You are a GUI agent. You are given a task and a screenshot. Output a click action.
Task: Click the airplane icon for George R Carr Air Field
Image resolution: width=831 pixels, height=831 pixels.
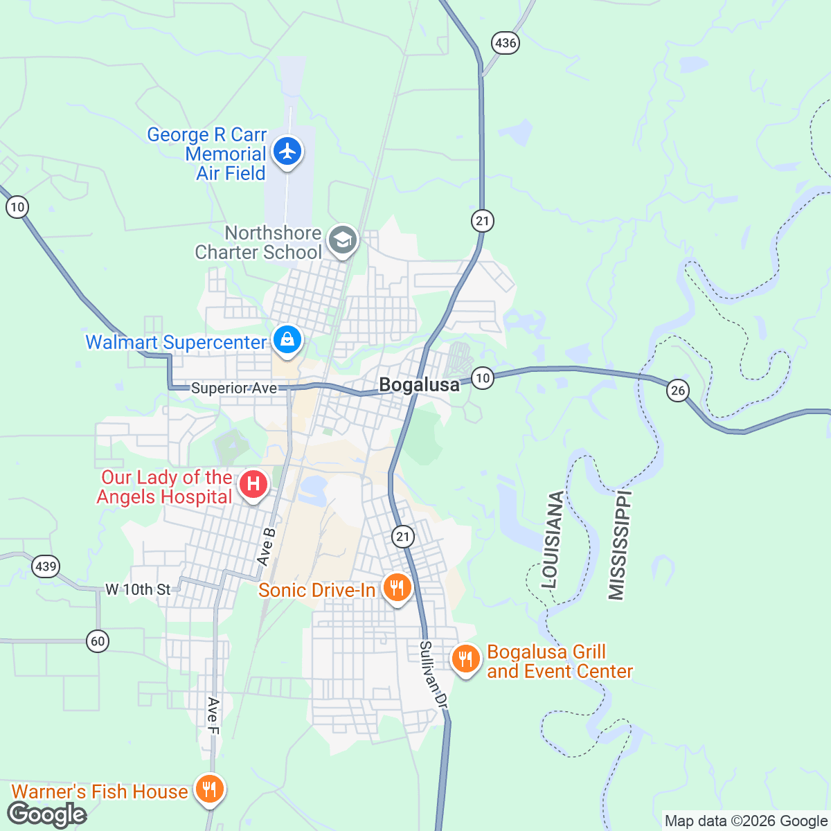point(287,151)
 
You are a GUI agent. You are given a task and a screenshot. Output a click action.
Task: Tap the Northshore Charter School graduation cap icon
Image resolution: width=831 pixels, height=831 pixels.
point(342,240)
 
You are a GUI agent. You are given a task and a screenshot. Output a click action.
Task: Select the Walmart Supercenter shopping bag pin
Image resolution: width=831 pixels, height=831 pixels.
point(287,339)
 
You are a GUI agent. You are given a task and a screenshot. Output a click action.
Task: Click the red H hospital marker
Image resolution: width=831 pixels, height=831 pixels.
point(253,483)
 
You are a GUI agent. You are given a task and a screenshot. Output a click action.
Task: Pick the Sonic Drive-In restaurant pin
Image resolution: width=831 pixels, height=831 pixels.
point(396,588)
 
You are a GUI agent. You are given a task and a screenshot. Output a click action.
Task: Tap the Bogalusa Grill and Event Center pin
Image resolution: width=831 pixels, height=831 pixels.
point(465,659)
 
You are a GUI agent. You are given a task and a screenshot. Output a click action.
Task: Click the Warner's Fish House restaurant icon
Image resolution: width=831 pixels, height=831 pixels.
point(208,789)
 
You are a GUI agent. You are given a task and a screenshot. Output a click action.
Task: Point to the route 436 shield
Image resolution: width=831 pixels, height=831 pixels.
point(506,43)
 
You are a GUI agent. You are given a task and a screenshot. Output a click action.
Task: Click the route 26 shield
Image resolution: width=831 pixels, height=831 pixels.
point(677,391)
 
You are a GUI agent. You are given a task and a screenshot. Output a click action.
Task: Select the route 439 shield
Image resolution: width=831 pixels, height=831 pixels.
point(46,566)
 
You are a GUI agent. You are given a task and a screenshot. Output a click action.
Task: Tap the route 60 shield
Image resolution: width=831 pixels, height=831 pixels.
point(98,641)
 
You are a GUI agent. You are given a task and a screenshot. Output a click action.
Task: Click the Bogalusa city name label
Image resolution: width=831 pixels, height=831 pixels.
point(419,385)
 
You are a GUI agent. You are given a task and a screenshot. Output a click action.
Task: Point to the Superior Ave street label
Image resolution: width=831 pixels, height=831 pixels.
point(234,388)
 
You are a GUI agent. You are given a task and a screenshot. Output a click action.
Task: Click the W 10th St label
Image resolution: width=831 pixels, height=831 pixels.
point(138,589)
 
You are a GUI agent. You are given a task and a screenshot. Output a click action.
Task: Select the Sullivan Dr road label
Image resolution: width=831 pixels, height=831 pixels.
point(433,674)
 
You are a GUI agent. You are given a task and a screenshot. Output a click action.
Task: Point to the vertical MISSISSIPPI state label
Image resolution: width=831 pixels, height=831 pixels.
point(620,546)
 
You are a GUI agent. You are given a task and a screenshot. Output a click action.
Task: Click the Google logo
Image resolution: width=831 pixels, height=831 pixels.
point(47,814)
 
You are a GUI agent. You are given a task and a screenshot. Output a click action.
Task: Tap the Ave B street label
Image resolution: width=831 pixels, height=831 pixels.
point(267,546)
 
